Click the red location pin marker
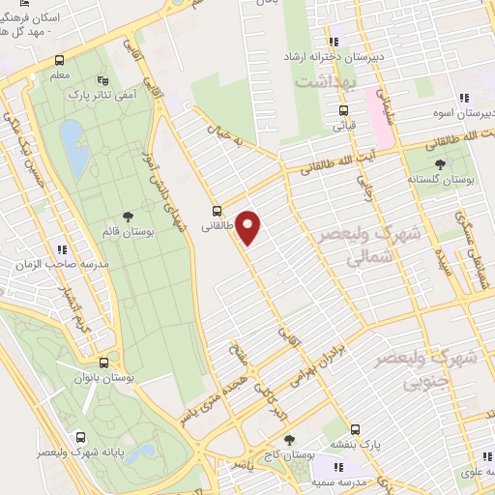[x=248, y=228]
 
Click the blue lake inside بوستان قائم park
[x=72, y=144]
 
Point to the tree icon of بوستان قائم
[x=128, y=218]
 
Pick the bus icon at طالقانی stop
[x=217, y=209]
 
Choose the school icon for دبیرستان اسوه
[x=464, y=98]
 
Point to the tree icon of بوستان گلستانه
[x=441, y=164]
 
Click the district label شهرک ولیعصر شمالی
[x=362, y=247]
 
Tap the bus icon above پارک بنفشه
[x=355, y=428]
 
